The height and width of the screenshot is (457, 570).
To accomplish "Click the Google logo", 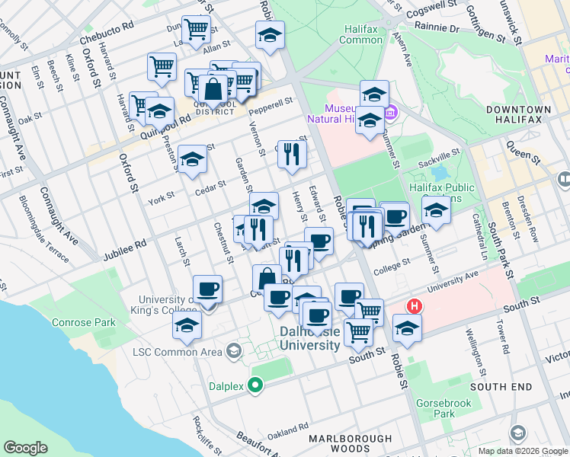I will tap(26, 448).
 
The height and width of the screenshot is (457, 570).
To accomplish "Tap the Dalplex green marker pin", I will tap(257, 385).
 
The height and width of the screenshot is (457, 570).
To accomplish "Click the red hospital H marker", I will tap(414, 307).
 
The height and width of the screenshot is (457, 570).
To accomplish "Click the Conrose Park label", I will tap(84, 322).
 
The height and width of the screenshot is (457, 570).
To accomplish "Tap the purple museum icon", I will tap(390, 113).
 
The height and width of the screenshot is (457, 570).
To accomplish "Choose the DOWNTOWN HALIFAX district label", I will tap(517, 114).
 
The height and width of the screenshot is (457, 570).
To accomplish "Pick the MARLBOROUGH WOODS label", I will tap(351, 445).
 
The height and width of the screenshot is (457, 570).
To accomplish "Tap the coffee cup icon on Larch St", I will tap(208, 289).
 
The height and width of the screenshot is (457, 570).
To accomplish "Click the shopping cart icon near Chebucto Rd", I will tap(197, 29).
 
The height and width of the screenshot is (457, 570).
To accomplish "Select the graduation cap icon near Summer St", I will tap(436, 210).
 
